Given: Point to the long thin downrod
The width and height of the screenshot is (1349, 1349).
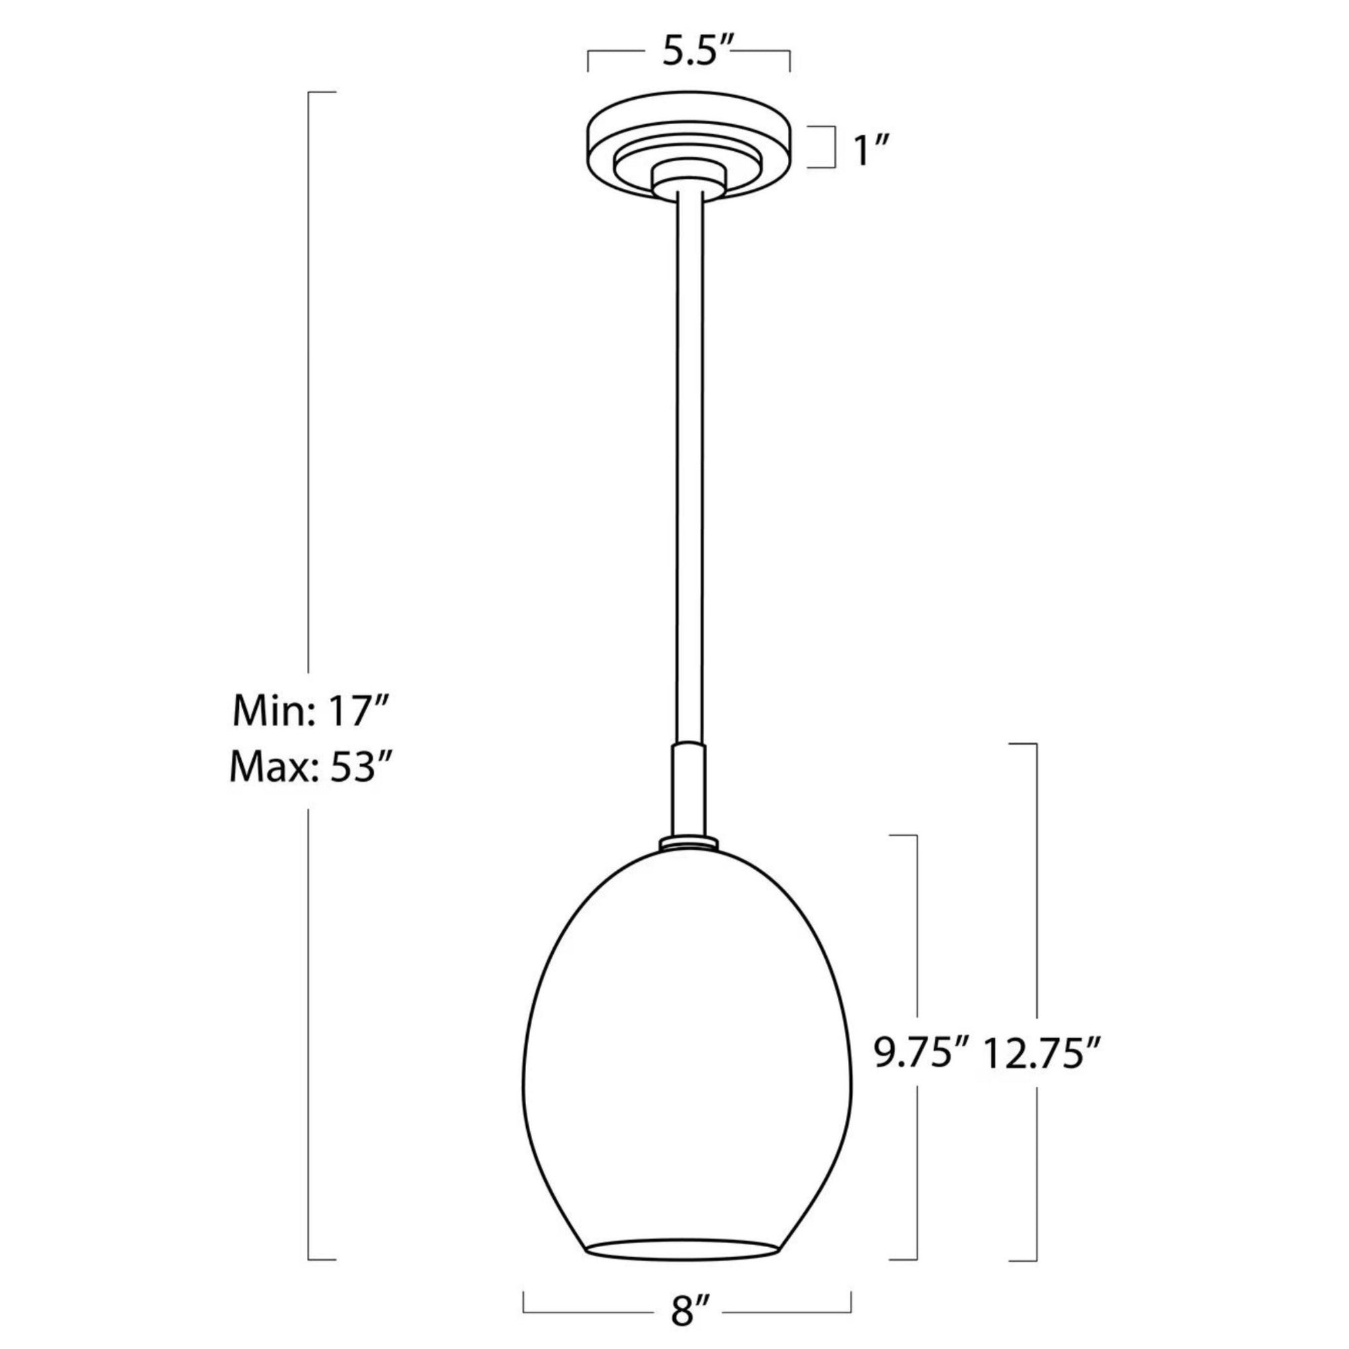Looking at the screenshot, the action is pos(689,475).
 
